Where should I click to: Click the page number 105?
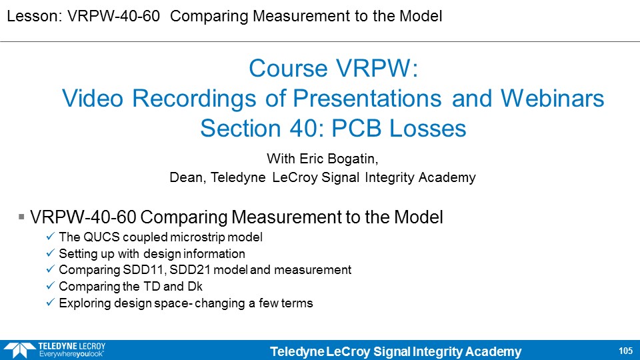pos(625,351)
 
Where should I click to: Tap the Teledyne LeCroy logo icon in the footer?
pos(19,350)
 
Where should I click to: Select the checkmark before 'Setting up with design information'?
pos(50,253)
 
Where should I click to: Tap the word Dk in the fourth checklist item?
pos(195,287)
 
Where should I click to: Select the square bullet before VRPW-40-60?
pos(21,216)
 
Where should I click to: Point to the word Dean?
pos(187,177)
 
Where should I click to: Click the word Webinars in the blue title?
pos(552,99)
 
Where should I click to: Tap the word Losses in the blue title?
pos(427,128)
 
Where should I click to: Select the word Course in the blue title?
pos(288,68)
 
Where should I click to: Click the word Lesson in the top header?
pos(33,16)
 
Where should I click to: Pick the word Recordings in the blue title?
pos(194,99)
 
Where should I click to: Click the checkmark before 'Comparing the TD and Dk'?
pos(50,286)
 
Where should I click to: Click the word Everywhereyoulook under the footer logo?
pos(71,354)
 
